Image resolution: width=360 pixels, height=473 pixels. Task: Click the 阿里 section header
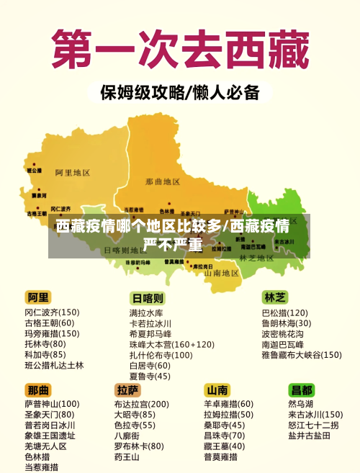coord(39,297)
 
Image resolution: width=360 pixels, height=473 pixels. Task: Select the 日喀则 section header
coord(148,298)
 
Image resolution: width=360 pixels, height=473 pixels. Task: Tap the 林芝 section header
coord(275,297)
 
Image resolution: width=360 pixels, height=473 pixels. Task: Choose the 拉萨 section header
coord(127,389)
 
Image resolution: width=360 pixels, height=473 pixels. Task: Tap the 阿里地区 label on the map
coord(72,173)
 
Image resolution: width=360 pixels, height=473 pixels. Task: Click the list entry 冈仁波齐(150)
coord(52,312)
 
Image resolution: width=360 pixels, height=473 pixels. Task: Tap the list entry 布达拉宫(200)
coord(141,405)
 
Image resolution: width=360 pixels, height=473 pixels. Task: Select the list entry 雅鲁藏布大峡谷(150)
coord(301,355)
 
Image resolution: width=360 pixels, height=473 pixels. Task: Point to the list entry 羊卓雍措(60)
coord(228,405)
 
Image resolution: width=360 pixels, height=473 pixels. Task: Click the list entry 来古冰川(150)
coord(315,415)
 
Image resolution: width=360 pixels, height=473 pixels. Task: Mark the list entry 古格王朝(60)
coord(50,323)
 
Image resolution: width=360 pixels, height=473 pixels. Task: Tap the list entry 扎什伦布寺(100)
coord(161,355)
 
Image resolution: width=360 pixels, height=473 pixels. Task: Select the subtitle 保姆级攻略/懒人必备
coord(179,94)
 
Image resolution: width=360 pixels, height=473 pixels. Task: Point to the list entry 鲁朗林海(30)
coord(286,323)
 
